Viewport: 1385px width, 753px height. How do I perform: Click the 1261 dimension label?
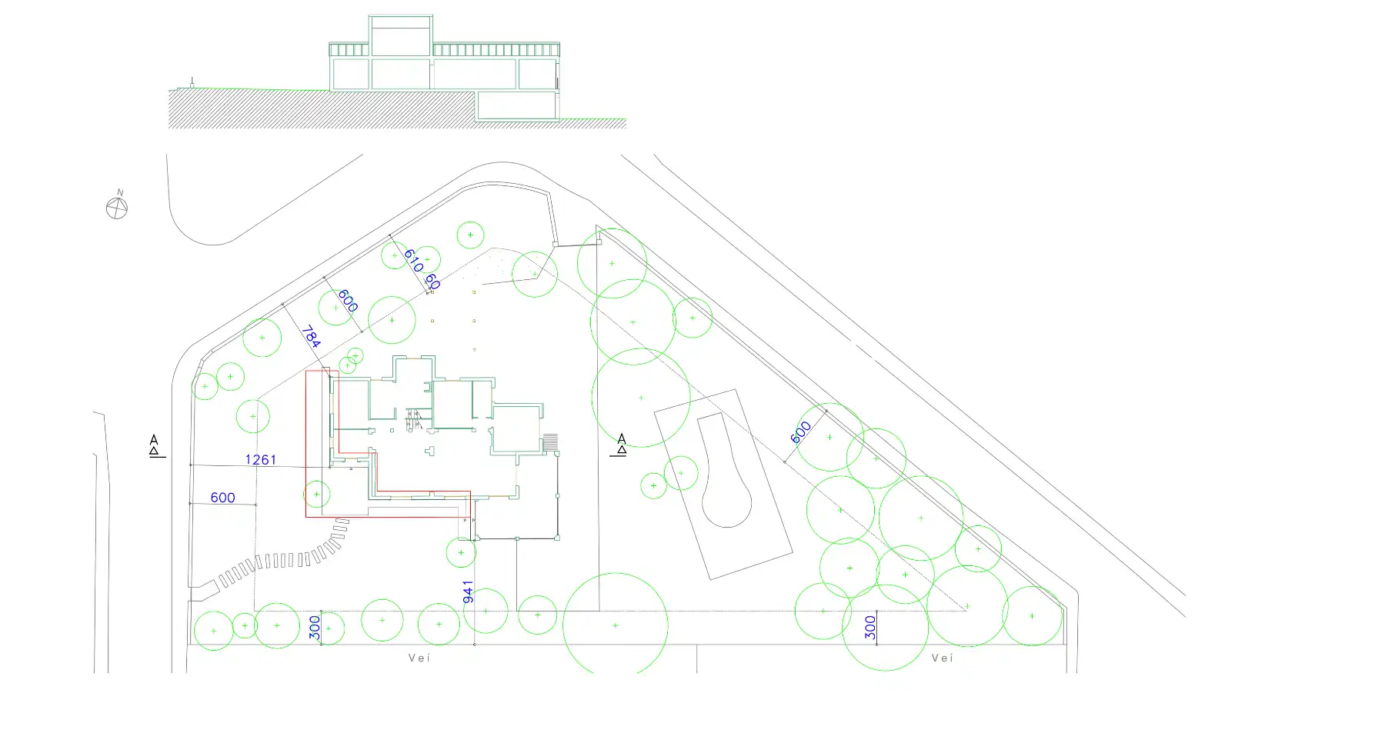click(x=260, y=460)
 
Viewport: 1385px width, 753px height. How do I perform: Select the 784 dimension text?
click(x=310, y=337)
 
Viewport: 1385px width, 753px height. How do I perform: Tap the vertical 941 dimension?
click(x=468, y=591)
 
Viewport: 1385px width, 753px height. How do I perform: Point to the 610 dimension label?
click(x=413, y=261)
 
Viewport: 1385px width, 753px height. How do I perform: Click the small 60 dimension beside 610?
click(x=432, y=282)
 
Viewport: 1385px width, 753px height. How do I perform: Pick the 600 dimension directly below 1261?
click(x=222, y=498)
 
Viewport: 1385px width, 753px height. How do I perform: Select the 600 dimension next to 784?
click(x=347, y=301)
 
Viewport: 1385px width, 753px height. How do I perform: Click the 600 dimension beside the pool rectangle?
click(x=801, y=431)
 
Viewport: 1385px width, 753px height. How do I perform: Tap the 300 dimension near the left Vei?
click(x=315, y=628)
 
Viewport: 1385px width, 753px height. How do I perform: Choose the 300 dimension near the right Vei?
click(x=870, y=627)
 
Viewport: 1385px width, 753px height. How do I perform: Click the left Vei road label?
click(x=419, y=658)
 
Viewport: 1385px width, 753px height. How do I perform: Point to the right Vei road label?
click(x=943, y=658)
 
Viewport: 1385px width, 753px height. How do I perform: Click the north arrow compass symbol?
click(x=117, y=207)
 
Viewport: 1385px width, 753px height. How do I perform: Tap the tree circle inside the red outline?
click(x=317, y=494)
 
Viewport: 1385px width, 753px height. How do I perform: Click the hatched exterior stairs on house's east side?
click(x=550, y=442)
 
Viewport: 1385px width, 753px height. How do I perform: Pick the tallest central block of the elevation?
click(x=399, y=35)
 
